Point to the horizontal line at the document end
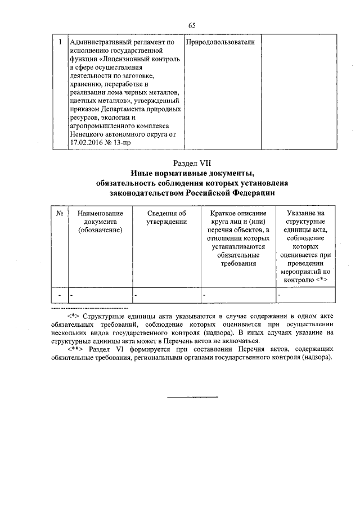pyautogui.click(x=193, y=398)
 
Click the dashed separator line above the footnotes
pyautogui.click(x=90, y=309)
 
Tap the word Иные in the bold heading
pyautogui.click(x=141, y=173)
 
